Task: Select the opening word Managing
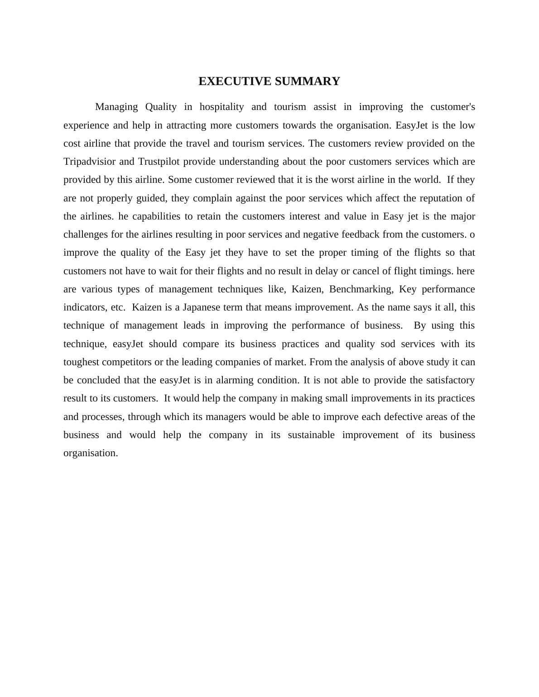pyautogui.click(x=116, y=107)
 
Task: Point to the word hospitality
pyautogui.click(x=221, y=107)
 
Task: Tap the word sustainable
pyautogui.click(x=311, y=435)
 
